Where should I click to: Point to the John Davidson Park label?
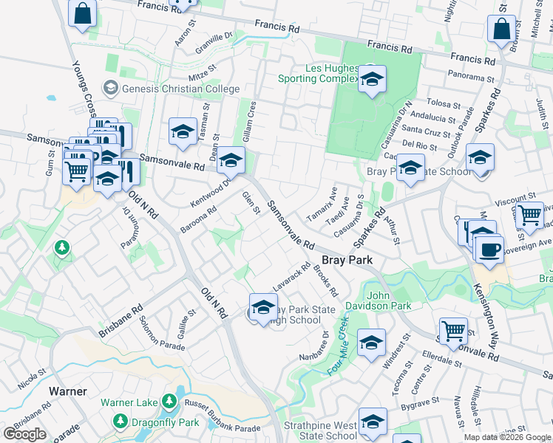pyautogui.click(x=389, y=301)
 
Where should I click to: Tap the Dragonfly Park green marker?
pyautogui.click(x=120, y=422)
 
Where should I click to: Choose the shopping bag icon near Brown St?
pyautogui.click(x=501, y=30)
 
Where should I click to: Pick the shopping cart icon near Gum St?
pyautogui.click(x=76, y=172)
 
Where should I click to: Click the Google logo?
pyautogui.click(x=24, y=434)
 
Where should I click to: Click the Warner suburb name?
pyautogui.click(x=68, y=391)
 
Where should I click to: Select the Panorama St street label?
pyautogui.click(x=471, y=75)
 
